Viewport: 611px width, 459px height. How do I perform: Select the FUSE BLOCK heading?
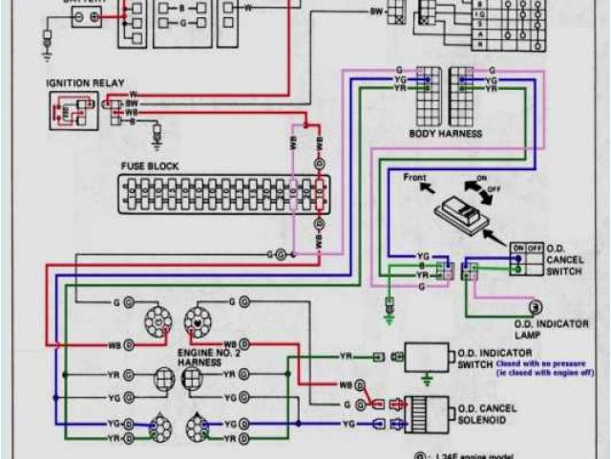click(150, 165)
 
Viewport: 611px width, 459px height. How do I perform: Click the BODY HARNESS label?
click(445, 133)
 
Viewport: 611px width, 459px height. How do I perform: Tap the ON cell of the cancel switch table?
click(516, 246)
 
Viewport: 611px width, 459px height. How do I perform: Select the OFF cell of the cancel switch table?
click(531, 246)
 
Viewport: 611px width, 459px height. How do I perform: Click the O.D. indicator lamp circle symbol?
click(536, 307)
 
